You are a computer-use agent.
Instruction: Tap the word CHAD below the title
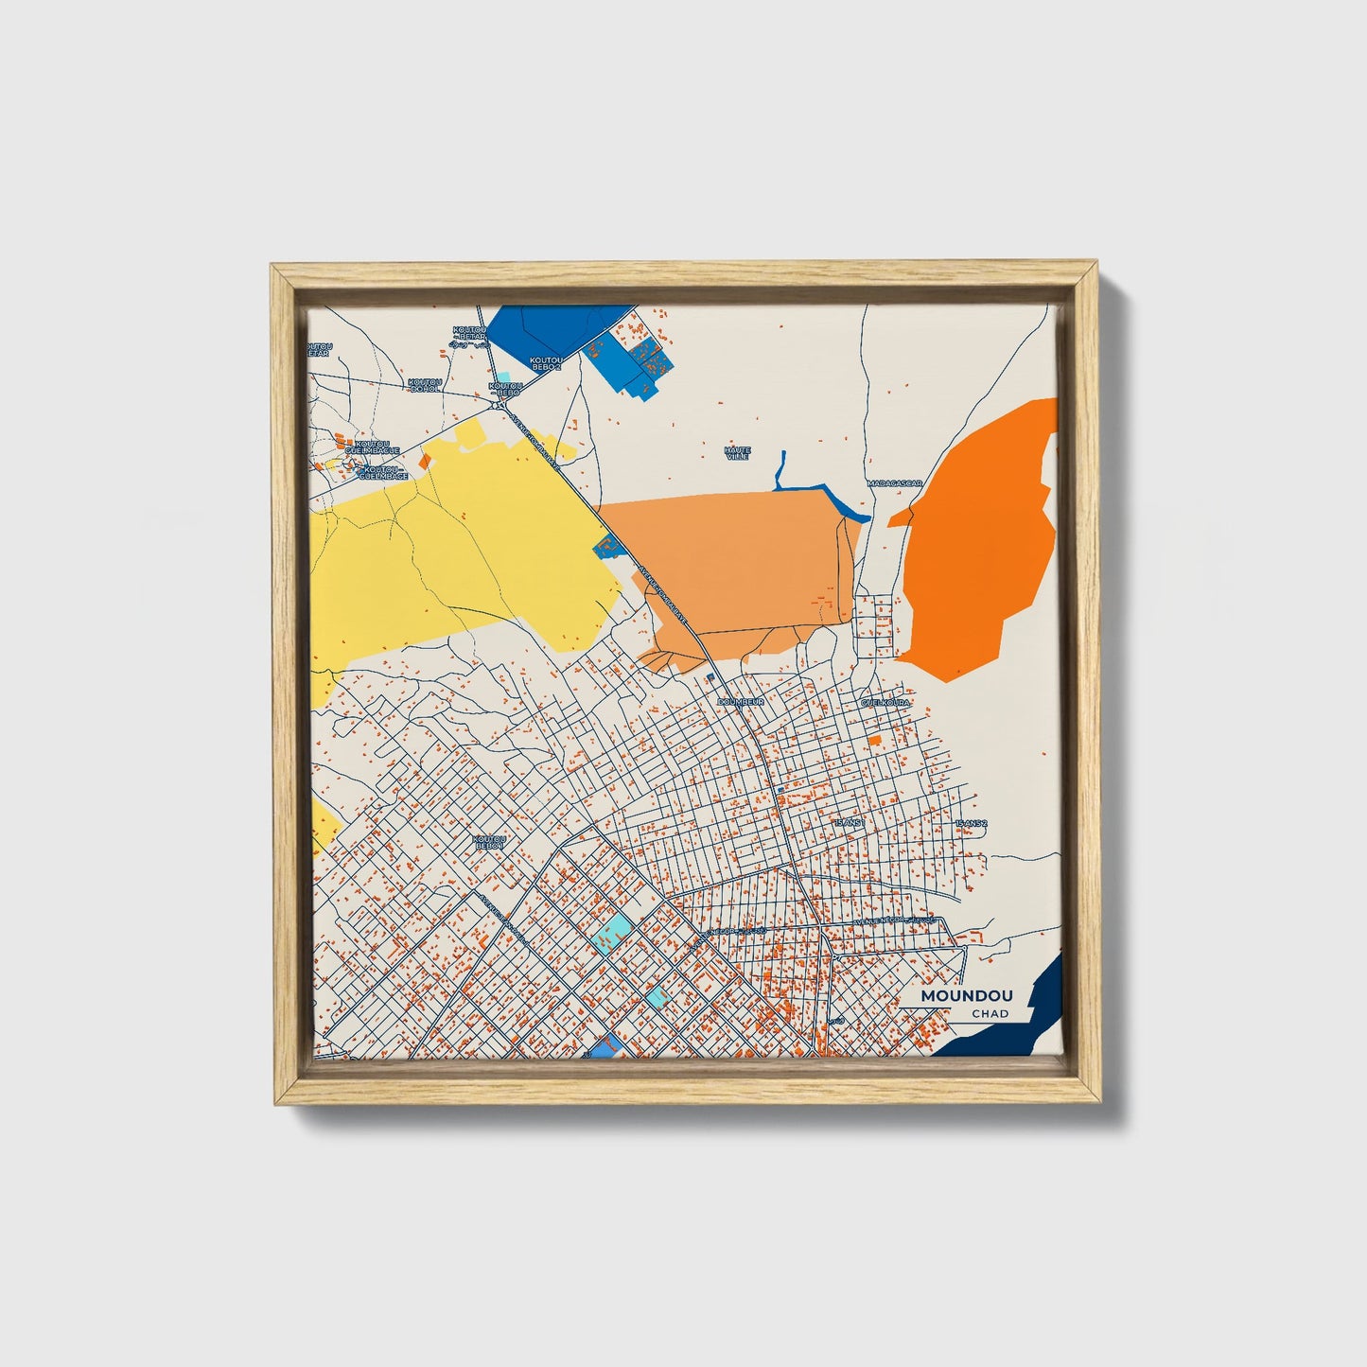pos(989,1014)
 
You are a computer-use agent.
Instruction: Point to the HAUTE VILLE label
pos(736,453)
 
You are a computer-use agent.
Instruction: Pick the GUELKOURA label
pos(885,703)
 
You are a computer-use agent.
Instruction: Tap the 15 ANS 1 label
pos(849,823)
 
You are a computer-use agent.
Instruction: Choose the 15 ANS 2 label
pos(971,824)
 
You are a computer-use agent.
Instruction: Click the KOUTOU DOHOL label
pos(425,385)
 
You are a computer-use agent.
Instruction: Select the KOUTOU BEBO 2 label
pos(546,362)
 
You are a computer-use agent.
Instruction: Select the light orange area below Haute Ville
pos(738,568)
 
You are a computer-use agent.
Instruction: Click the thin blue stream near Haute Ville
pos(814,488)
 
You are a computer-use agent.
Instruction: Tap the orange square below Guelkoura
pos(875,739)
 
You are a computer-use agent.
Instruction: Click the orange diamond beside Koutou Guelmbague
pos(425,461)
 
